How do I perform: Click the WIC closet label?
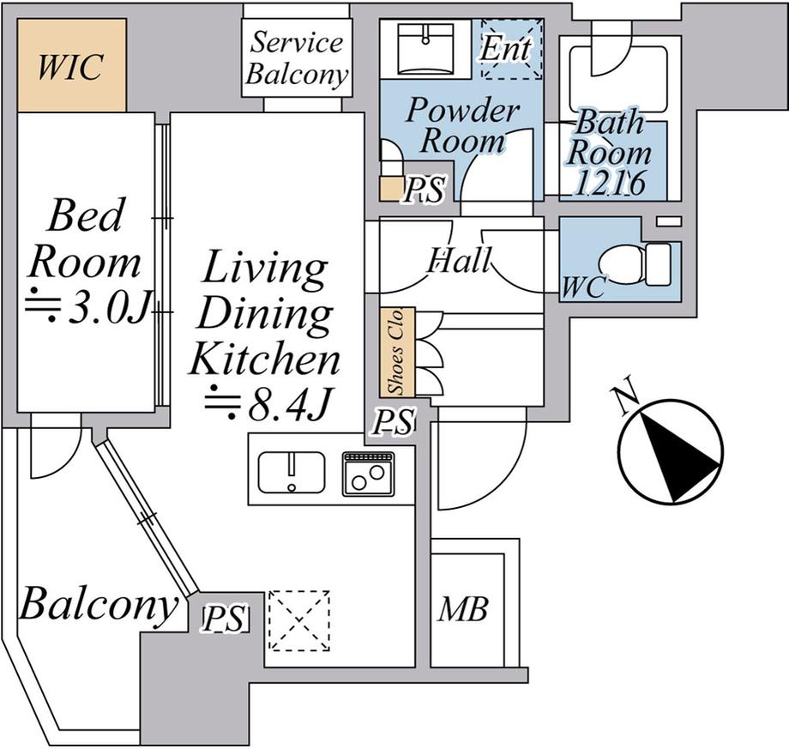pos(70,67)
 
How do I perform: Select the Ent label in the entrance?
pos(505,48)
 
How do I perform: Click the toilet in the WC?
pos(635,264)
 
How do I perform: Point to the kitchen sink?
pos(292,472)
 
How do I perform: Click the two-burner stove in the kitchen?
pos(368,474)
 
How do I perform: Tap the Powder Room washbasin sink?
pos(425,49)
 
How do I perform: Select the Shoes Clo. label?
pos(396,351)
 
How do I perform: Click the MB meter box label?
pos(462,609)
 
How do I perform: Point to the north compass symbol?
pos(671,451)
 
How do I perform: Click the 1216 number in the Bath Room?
pos(610,183)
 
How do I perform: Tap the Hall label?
pos(459,260)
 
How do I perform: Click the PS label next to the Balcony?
pos(225,618)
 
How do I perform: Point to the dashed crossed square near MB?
pos(299,620)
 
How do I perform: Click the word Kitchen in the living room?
pos(265,359)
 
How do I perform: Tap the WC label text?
pos(582,287)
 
